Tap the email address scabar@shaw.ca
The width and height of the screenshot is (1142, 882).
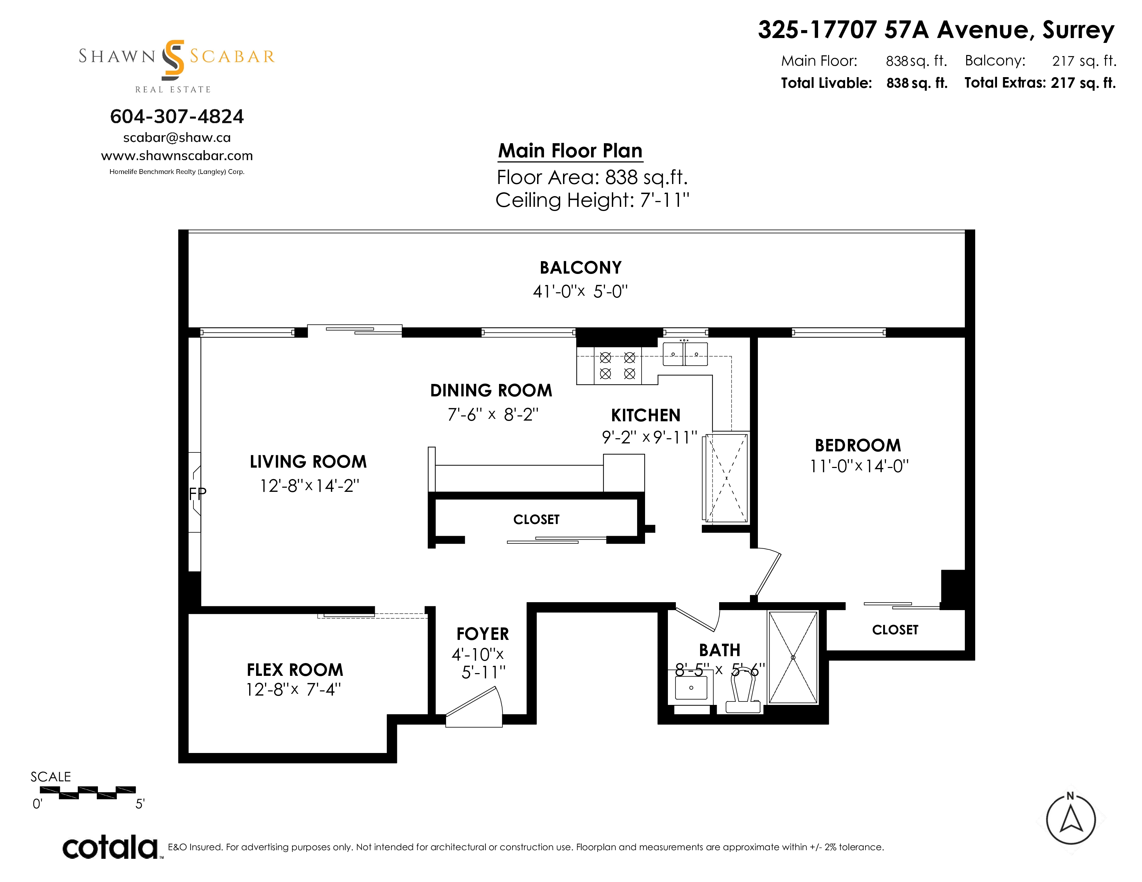[x=177, y=137]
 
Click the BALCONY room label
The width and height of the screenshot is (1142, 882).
[x=580, y=267]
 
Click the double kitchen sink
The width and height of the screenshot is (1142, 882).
[x=685, y=354]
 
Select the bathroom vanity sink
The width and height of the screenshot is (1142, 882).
[x=691, y=687]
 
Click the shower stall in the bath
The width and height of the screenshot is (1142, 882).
[x=793, y=657]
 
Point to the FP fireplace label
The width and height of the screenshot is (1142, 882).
[x=198, y=493]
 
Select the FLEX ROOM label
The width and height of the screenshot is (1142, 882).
[x=295, y=670]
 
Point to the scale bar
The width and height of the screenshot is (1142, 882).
[x=87, y=793]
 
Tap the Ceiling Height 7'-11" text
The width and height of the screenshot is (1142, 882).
[x=592, y=200]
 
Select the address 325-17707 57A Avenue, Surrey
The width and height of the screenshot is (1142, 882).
[x=936, y=30]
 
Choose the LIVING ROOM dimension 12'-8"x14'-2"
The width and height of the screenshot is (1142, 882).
[x=310, y=486]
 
